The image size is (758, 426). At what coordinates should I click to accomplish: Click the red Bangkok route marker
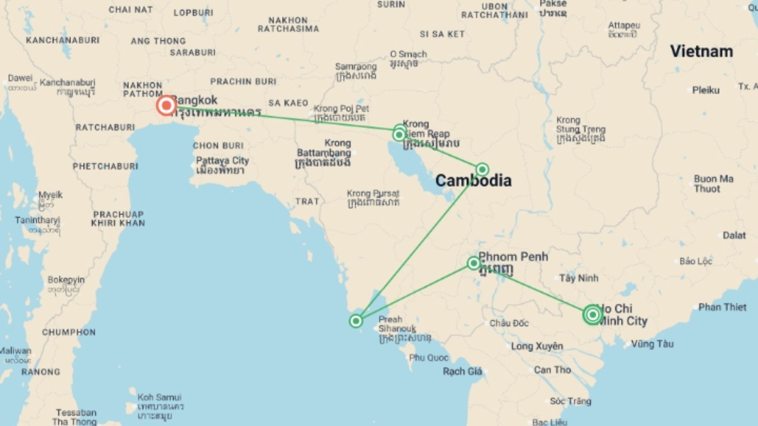(166, 105)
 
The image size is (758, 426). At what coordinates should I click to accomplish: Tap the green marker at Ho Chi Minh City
(592, 314)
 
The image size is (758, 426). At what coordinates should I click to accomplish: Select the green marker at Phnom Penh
(473, 263)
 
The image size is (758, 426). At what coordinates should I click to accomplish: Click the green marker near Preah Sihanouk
(356, 321)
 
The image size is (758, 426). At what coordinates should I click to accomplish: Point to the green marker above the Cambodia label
(482, 170)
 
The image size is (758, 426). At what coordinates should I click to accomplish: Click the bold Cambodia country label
(473, 181)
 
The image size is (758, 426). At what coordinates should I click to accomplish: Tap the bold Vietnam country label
(702, 52)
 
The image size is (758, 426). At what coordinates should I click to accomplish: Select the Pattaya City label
(222, 165)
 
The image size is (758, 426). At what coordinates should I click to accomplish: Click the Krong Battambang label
(324, 153)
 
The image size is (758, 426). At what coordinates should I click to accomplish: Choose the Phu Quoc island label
(429, 358)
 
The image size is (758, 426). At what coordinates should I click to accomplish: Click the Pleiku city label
(706, 90)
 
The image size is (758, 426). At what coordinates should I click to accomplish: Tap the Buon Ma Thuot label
(713, 184)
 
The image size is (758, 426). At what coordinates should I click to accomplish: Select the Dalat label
(734, 235)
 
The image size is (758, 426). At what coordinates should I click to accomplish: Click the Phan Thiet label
(722, 307)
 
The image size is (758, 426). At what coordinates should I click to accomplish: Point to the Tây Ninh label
(579, 278)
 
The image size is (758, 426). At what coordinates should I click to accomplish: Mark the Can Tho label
(552, 370)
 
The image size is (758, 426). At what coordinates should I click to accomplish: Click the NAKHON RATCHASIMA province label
(288, 24)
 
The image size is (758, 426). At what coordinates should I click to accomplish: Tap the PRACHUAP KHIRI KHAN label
(118, 219)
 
